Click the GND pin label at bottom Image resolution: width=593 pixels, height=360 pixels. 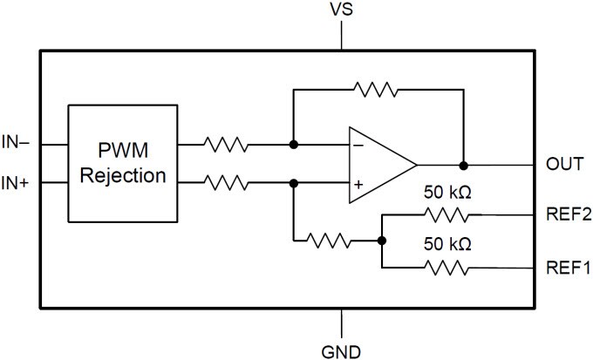pos(343,351)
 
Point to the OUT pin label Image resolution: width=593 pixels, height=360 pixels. pos(564,164)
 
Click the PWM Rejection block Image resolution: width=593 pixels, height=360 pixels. pos(122,163)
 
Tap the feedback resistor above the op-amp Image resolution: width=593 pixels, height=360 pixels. pos(375,88)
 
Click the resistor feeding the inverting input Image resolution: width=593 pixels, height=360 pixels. pos(227,144)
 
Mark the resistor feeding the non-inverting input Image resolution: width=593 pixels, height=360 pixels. pos(227,183)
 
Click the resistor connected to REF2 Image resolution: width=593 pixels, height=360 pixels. pos(449,214)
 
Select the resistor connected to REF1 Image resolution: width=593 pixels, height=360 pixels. pos(449,268)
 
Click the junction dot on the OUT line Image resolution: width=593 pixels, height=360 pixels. pos(464,164)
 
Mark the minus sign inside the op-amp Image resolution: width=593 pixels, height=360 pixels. pos(358,145)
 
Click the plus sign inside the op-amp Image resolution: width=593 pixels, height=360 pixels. pos(358,184)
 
